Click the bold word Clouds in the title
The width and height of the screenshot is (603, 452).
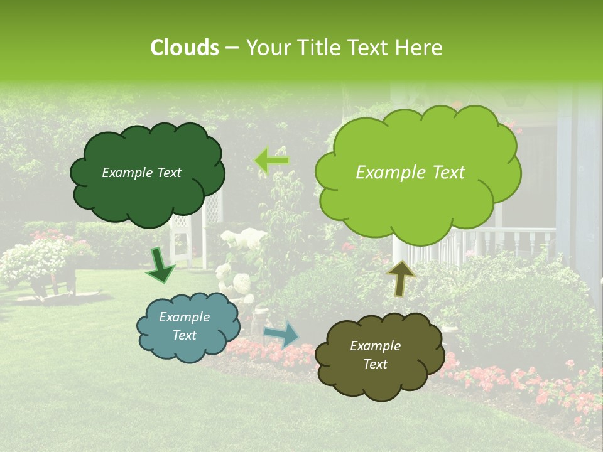(x=185, y=48)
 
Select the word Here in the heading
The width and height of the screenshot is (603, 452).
(x=418, y=48)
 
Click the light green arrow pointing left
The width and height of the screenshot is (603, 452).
(x=272, y=161)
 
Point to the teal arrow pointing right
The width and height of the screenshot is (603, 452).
(x=281, y=334)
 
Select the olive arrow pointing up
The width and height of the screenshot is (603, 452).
(x=401, y=278)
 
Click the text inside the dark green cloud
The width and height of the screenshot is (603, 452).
(x=141, y=173)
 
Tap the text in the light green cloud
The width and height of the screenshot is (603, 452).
(x=410, y=173)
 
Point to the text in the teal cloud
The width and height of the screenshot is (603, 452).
(x=184, y=326)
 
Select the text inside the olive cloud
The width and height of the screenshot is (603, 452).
(x=375, y=355)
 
